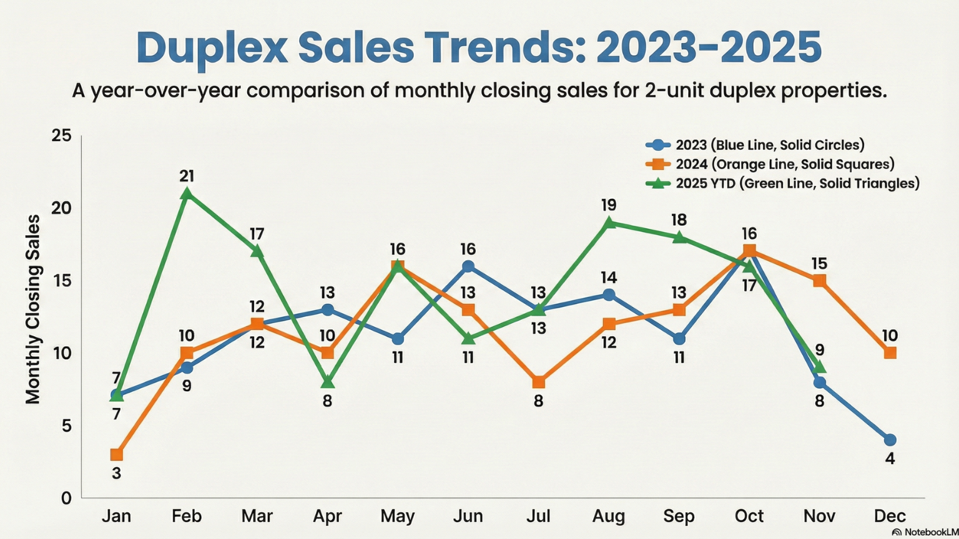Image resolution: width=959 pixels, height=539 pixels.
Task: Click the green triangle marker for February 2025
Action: tap(187, 194)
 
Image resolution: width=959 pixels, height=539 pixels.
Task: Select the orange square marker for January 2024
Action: tap(117, 455)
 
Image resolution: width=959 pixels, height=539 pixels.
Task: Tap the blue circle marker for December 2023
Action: tap(890, 440)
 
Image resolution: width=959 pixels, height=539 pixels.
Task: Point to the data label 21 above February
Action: tap(187, 176)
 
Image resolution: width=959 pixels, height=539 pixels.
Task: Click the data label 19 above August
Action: tap(609, 205)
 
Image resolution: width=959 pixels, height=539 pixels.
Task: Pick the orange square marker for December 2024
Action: tap(890, 353)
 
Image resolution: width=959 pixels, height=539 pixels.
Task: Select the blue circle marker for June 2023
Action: tap(468, 266)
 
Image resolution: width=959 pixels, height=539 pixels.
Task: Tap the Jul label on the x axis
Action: tap(538, 517)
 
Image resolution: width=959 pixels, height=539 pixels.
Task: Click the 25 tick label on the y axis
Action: tap(61, 136)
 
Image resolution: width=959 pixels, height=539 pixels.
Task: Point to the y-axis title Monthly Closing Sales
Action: tap(32, 309)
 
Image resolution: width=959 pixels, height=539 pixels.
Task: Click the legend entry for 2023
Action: tap(755, 145)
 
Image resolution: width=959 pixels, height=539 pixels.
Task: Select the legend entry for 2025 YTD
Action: tap(783, 183)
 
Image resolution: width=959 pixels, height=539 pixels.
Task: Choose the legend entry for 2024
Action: tap(770, 164)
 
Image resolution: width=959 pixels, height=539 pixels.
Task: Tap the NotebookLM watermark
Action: tap(925, 532)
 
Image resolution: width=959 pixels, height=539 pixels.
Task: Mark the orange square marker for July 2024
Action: tap(538, 382)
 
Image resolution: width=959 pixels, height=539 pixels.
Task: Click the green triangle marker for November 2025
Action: tap(819, 367)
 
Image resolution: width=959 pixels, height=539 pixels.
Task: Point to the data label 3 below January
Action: tap(117, 473)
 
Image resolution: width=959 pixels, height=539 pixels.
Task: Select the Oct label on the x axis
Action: tap(749, 517)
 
